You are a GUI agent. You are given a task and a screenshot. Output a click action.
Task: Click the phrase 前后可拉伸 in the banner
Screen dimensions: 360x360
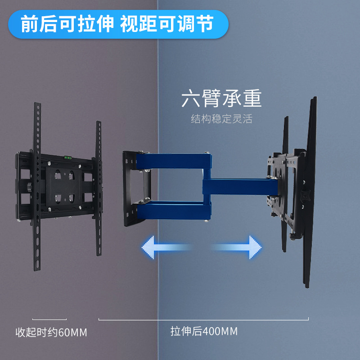67,24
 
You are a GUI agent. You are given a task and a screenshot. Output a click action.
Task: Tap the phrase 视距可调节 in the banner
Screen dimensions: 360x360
166,24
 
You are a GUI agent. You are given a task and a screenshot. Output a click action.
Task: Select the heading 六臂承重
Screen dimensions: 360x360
221,99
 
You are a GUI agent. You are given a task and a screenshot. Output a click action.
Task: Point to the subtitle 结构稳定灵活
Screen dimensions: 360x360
221,120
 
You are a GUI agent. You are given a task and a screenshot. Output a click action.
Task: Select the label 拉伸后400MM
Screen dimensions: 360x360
204,332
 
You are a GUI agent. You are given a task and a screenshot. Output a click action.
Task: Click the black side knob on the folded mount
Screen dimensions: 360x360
28,186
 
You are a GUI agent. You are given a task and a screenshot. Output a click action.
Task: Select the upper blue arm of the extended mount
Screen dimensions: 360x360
178,160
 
